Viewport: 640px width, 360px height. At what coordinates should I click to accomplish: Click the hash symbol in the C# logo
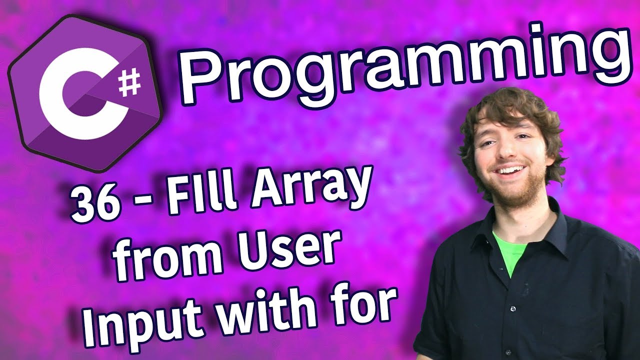(x=129, y=83)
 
